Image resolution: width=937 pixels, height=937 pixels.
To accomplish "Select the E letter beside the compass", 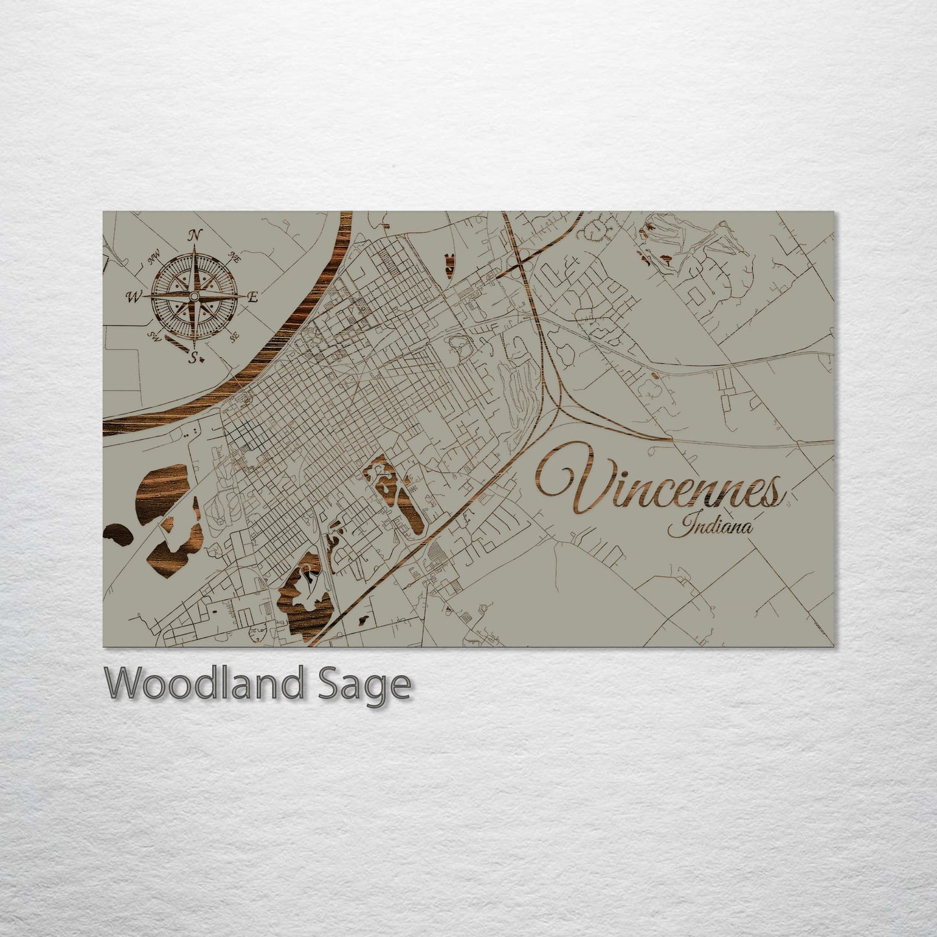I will point(253,298).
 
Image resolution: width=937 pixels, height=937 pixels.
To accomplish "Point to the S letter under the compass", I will point(193,357).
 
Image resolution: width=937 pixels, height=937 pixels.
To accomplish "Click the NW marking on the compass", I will point(154,259).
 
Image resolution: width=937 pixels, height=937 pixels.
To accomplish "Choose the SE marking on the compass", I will point(234,336).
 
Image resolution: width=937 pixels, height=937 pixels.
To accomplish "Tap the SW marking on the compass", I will point(154,336).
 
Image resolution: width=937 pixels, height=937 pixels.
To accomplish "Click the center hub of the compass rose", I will point(193,297).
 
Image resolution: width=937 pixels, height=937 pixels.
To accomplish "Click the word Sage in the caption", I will point(375,684).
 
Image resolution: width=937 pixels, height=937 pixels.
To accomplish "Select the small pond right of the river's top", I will point(448,265).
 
